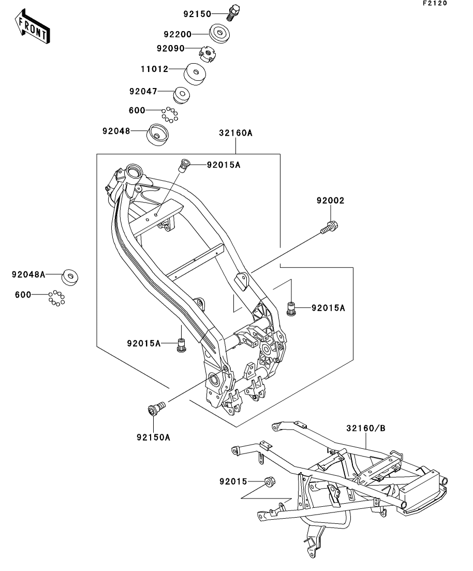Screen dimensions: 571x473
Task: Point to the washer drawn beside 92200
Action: [x=220, y=34]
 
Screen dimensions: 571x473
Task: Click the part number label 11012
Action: [x=154, y=69]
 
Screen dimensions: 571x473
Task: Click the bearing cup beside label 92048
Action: [x=159, y=135]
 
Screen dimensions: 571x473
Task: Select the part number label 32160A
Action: [x=235, y=133]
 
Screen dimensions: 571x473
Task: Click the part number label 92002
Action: [x=331, y=200]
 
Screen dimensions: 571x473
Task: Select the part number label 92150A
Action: [x=153, y=437]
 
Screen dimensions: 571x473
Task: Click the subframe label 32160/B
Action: [x=366, y=428]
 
